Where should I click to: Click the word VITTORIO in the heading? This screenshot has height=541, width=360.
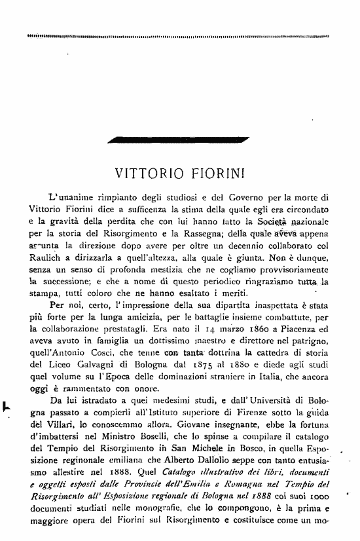point(145,174)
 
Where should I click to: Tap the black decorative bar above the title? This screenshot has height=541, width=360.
point(183,139)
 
